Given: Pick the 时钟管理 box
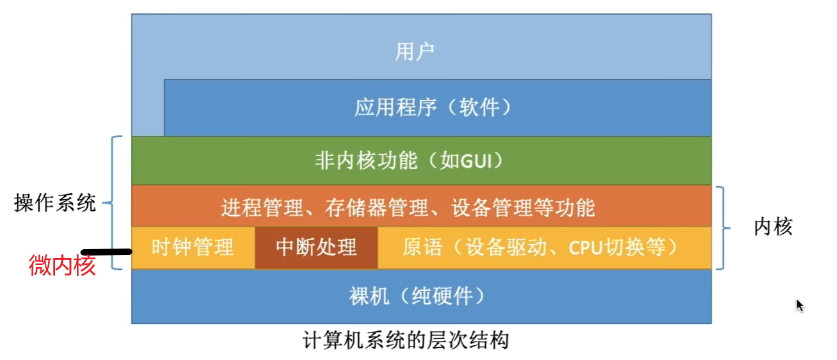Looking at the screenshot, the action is point(193,247).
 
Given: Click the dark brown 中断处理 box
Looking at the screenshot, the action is point(316,247).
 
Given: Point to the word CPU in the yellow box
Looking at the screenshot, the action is point(584,247).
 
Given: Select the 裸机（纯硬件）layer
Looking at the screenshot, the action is point(421,296).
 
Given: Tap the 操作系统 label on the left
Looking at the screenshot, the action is point(55,204).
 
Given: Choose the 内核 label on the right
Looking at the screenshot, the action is point(773,226).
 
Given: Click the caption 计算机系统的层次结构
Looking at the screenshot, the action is point(405,340).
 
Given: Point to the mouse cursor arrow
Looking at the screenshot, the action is point(799,305).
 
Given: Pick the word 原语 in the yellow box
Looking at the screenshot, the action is point(422,247).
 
